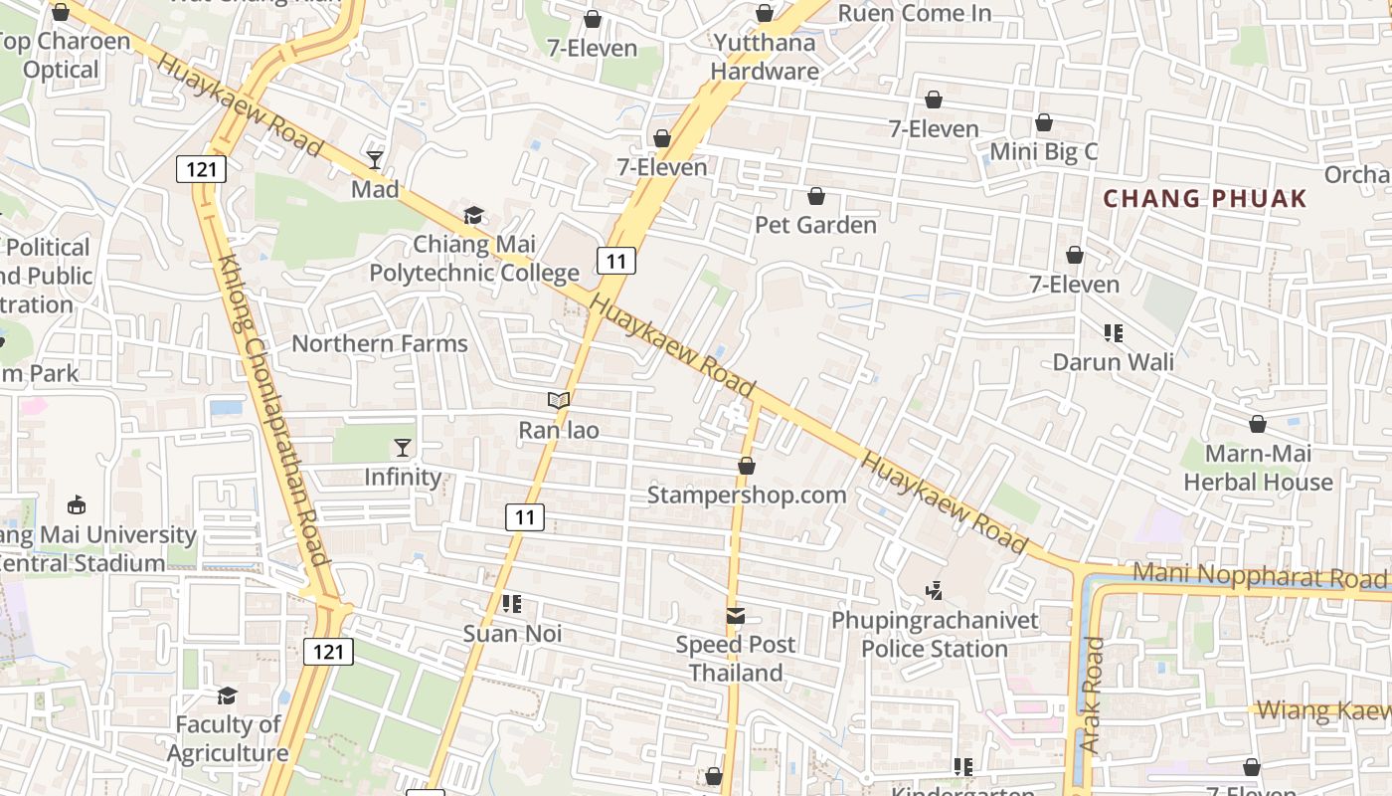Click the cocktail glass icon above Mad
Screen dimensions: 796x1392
click(x=375, y=159)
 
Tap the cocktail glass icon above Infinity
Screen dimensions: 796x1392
click(x=403, y=447)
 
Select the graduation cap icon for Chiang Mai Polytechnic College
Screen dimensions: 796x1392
click(x=473, y=215)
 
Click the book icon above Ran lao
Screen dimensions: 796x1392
click(x=559, y=400)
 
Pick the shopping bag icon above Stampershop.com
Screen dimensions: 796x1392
click(x=747, y=465)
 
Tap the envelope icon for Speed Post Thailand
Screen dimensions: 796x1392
click(x=736, y=615)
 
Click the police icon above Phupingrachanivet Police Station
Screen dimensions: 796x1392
click(x=934, y=591)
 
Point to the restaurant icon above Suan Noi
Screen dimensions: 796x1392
click(x=512, y=604)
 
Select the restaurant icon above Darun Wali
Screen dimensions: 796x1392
click(x=1114, y=332)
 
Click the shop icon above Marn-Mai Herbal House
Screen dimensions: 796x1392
click(x=1258, y=424)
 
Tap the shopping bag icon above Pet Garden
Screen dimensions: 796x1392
click(x=816, y=196)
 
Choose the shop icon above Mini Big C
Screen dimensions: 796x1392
click(x=1044, y=122)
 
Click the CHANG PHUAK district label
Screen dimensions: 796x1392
click(x=1205, y=198)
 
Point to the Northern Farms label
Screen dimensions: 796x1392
click(x=379, y=344)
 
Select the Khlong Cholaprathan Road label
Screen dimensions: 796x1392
click(x=273, y=408)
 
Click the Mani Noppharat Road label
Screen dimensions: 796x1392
click(x=1260, y=576)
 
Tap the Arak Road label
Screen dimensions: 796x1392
click(x=1092, y=695)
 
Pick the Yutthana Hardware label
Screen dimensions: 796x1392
click(x=765, y=57)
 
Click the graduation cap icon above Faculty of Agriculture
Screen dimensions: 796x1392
click(x=228, y=696)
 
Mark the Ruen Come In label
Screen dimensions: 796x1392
click(x=915, y=13)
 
